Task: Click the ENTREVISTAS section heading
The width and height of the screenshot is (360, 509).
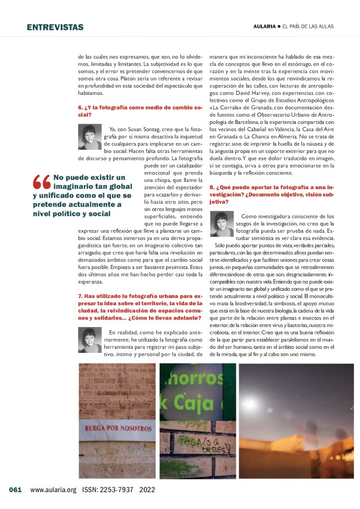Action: (55, 27)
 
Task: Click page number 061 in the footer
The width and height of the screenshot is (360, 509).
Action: (15, 490)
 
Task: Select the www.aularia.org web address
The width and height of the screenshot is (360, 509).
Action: (53, 490)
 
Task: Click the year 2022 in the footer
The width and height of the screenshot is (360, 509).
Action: (148, 490)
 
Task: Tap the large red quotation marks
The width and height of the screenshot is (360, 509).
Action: (41, 182)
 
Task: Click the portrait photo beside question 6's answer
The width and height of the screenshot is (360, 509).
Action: (90, 137)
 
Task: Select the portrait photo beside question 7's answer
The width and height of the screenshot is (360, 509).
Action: (90, 340)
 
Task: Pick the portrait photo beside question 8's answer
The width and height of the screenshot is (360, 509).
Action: (222, 225)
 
